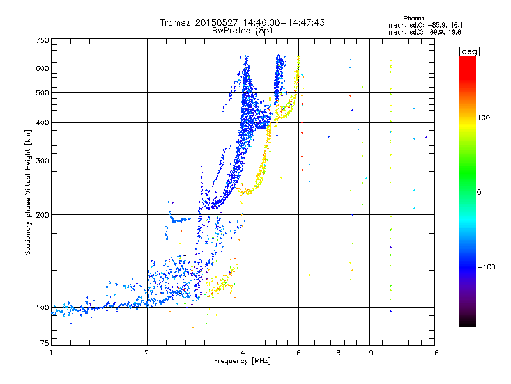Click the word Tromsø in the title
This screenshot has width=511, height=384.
[176, 22]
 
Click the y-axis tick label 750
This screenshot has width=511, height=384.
[43, 40]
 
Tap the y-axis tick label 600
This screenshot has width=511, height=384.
[43, 68]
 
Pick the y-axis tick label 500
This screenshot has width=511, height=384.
[43, 93]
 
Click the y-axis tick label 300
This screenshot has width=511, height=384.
[43, 161]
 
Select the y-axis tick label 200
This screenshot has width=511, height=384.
[43, 215]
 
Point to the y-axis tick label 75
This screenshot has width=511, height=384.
[45, 343]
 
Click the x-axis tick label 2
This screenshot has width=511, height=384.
[147, 353]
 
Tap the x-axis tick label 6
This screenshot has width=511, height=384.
[298, 353]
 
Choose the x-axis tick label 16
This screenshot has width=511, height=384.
[434, 353]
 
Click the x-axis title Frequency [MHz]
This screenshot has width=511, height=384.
[242, 361]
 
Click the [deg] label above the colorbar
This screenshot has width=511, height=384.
[469, 51]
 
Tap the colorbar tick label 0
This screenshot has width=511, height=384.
[478, 192]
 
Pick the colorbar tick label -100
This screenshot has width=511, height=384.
[486, 267]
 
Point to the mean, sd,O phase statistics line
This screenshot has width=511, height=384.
[425, 25]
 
